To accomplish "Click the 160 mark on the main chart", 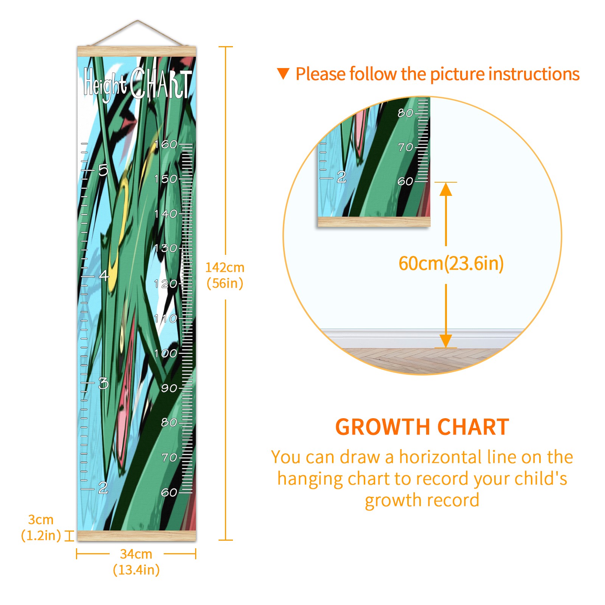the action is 166,144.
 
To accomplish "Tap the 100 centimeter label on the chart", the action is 166,353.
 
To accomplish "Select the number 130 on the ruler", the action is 166,248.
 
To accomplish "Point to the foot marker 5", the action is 103,170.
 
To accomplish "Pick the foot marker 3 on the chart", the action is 103,383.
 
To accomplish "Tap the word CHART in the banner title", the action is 161,83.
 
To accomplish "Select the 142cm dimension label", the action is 225,268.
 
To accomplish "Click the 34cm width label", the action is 136,554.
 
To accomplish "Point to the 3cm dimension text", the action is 41,520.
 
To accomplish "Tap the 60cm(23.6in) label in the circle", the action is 451,264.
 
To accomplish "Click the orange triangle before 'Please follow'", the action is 283,73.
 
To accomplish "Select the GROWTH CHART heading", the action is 422,427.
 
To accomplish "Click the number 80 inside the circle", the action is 405,113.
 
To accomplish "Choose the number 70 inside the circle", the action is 405,147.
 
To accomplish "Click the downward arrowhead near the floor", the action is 446,341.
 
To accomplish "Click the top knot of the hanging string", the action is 138,21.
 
